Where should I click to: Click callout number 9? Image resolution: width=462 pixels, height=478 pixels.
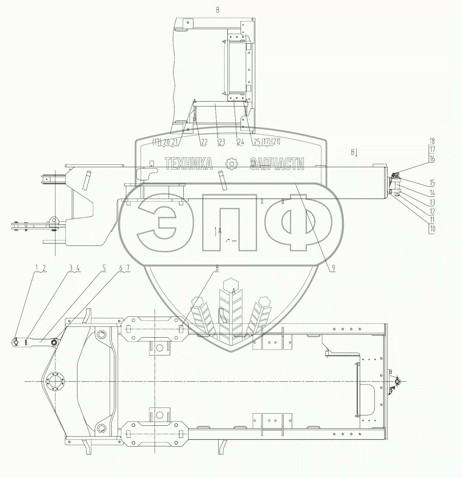click(x=334, y=268)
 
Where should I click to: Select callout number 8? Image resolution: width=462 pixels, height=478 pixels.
click(x=217, y=268)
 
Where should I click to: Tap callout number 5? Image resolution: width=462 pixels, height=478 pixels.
click(x=104, y=268)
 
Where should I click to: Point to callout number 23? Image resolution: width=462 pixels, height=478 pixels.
click(x=222, y=142)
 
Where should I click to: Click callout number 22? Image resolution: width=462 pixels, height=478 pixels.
click(x=204, y=142)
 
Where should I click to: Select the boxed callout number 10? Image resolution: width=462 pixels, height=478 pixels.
click(x=432, y=229)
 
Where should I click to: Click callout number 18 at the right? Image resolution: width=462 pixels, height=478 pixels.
click(x=432, y=141)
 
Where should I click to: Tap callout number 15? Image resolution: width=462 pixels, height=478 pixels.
click(x=432, y=183)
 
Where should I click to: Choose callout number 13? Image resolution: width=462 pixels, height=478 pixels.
click(x=432, y=202)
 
